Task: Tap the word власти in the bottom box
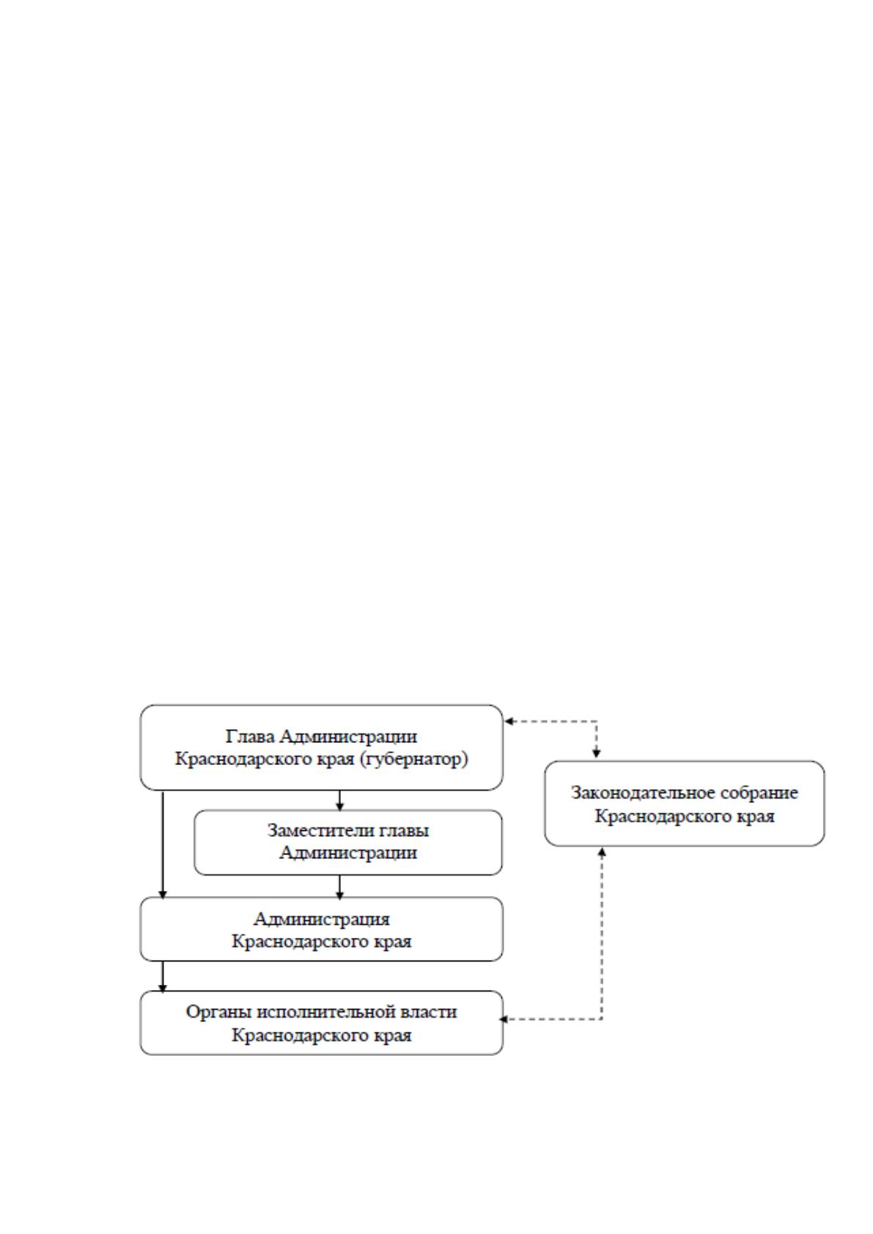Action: point(429,1013)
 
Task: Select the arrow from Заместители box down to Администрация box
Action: point(339,887)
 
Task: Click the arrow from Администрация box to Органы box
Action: point(163,978)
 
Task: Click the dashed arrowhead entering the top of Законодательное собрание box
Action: point(597,754)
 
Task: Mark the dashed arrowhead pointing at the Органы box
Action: point(504,1019)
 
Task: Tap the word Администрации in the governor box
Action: point(347,736)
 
